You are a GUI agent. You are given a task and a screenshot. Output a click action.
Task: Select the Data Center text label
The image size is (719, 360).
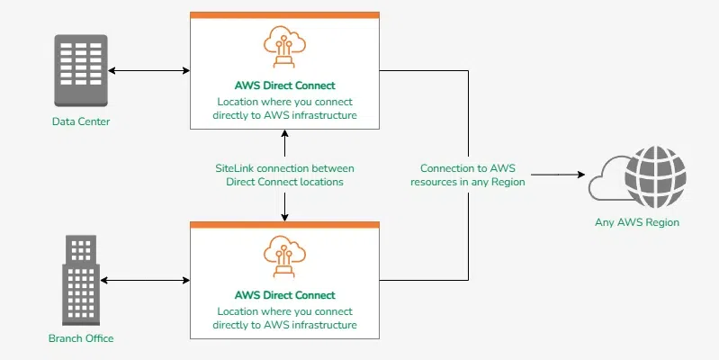pyautogui.click(x=81, y=121)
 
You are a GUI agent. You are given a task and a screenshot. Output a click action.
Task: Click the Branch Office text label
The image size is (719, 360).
pyautogui.click(x=81, y=338)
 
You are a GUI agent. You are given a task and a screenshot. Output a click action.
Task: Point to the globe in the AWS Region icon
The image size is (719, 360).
pyautogui.click(x=654, y=175)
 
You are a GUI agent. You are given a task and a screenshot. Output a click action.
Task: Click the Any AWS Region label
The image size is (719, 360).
pyautogui.click(x=636, y=222)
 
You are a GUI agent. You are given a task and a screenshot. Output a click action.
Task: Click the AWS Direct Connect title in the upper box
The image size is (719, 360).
pyautogui.click(x=284, y=85)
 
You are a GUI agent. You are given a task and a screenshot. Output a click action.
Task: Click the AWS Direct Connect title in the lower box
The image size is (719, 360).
pyautogui.click(x=284, y=295)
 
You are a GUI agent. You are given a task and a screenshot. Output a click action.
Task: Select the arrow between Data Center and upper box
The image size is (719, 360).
pyautogui.click(x=149, y=69)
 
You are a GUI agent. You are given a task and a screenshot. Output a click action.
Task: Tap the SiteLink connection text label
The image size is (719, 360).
pyautogui.click(x=284, y=175)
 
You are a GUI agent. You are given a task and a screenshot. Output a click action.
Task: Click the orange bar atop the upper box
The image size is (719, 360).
pyautogui.click(x=284, y=15)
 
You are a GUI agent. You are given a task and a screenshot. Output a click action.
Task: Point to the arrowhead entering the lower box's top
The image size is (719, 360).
pyautogui.click(x=284, y=216)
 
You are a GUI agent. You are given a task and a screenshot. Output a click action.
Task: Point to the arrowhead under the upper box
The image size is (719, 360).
pyautogui.click(x=284, y=134)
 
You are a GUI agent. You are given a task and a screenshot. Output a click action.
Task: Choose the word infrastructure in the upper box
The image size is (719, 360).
pyautogui.click(x=326, y=114)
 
